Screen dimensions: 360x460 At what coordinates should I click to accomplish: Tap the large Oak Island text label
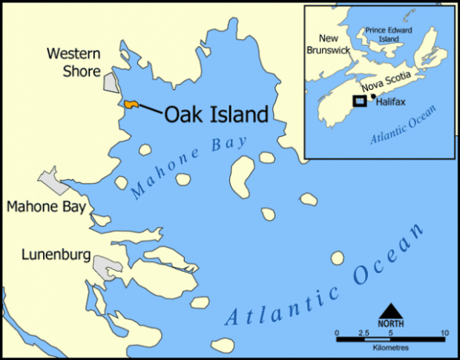tap(215, 115)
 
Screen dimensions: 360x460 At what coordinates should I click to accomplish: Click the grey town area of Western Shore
tap(111, 82)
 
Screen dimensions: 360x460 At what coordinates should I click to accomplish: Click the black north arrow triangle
tap(391, 310)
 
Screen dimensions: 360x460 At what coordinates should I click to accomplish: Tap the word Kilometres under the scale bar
tap(392, 347)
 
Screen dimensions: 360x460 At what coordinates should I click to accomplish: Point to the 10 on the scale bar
tap(444, 333)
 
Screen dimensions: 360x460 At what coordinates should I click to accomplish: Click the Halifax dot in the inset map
tap(372, 96)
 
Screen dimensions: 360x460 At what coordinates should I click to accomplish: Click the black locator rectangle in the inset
tap(359, 100)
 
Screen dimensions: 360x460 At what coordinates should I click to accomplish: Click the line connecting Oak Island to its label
tap(151, 109)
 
